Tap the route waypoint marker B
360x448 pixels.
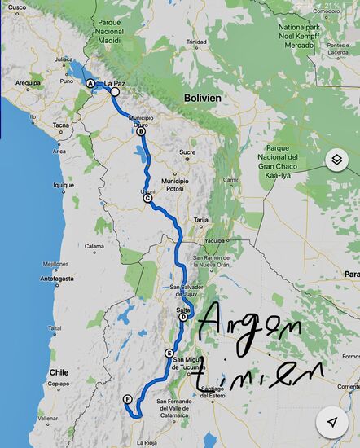141,131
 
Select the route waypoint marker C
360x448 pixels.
147,198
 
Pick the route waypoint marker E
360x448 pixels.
169,353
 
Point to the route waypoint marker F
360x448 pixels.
128,398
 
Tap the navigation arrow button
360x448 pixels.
332,421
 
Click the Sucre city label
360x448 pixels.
187,152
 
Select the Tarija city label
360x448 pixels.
201,220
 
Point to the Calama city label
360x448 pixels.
94,245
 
